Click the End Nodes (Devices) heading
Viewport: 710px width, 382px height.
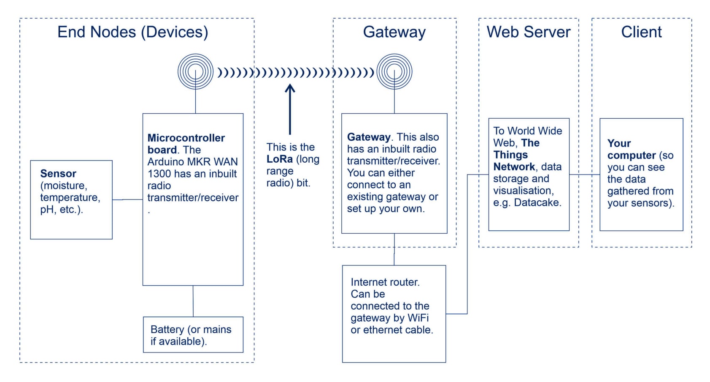tap(132, 32)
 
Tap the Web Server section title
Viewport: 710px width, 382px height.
tap(528, 32)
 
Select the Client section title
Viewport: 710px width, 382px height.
tap(641, 32)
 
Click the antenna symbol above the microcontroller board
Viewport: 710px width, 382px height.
tap(195, 71)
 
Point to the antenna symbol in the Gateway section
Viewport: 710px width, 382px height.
tap(394, 71)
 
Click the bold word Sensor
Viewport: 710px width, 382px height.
tap(58, 174)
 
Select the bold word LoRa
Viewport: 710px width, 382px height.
tap(279, 159)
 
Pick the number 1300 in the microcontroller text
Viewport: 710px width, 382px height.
tap(159, 174)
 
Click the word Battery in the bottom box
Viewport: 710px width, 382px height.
tap(167, 329)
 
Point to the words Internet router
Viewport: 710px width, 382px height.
tap(385, 282)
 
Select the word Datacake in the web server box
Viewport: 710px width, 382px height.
tap(537, 202)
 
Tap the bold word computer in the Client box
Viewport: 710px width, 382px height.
tap(632, 156)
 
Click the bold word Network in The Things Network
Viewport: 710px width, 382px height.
tap(514, 167)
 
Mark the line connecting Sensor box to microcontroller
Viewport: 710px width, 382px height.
tap(127, 199)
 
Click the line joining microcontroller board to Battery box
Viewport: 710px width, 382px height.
tap(193, 301)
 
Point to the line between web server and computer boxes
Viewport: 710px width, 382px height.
tap(584, 175)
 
